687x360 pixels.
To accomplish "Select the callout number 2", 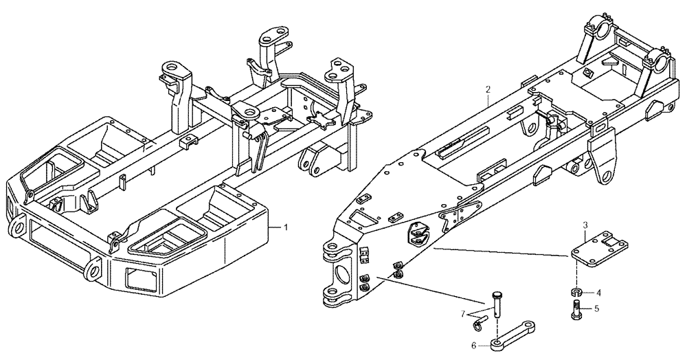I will pos(487,89).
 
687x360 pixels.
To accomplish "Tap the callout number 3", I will pos(585,225).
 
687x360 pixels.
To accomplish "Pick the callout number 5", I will pos(596,308).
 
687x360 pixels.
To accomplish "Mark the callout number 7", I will pos(464,313).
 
